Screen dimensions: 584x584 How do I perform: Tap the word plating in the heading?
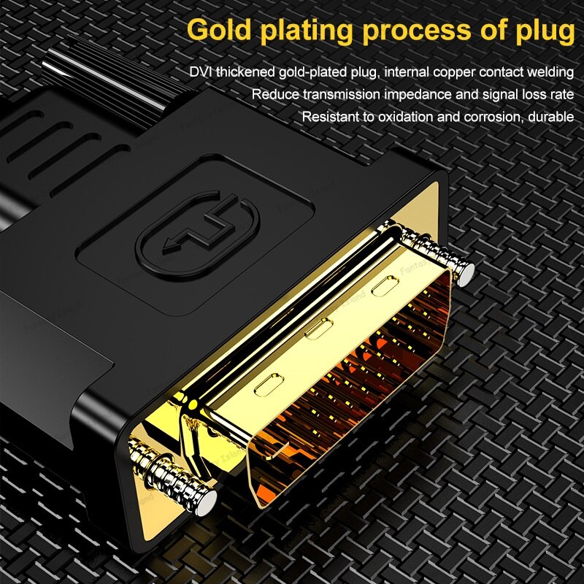306,31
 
